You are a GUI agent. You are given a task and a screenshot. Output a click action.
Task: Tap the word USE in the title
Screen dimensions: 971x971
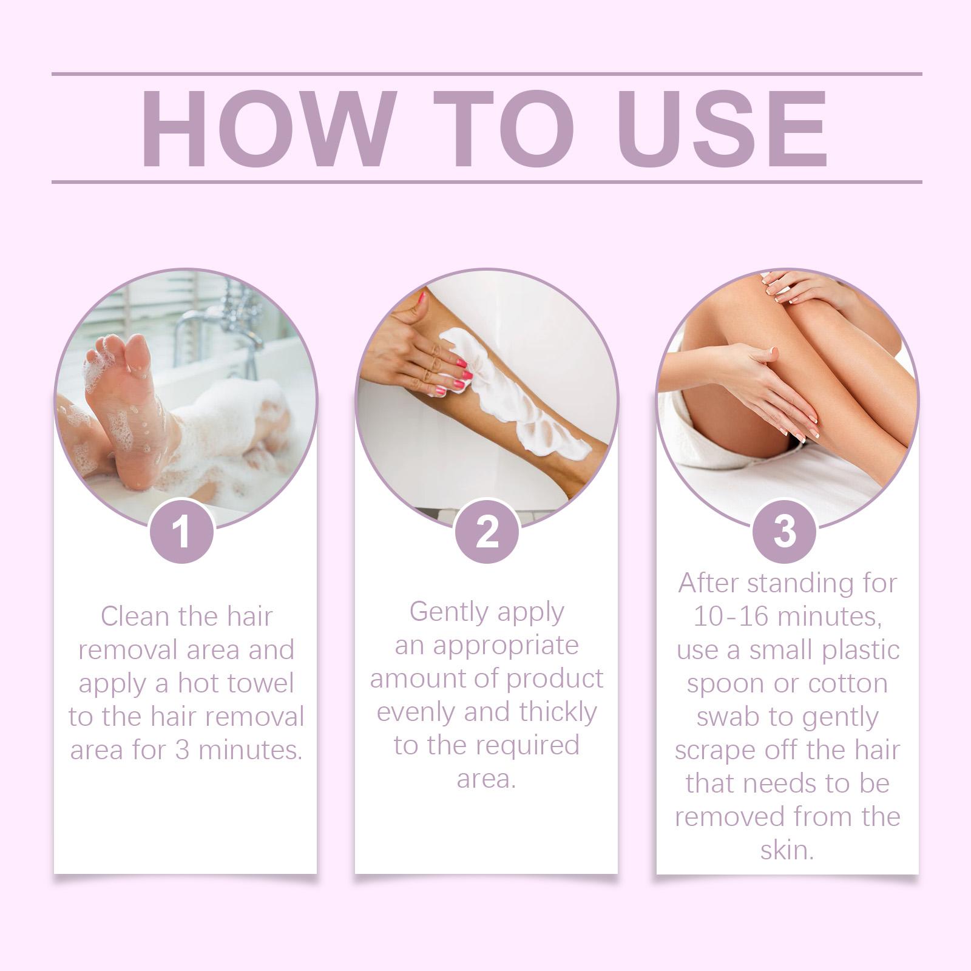(723, 128)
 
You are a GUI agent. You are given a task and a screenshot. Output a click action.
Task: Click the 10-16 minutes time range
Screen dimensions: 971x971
(787, 617)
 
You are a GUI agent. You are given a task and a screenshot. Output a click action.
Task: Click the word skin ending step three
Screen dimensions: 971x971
(787, 850)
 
